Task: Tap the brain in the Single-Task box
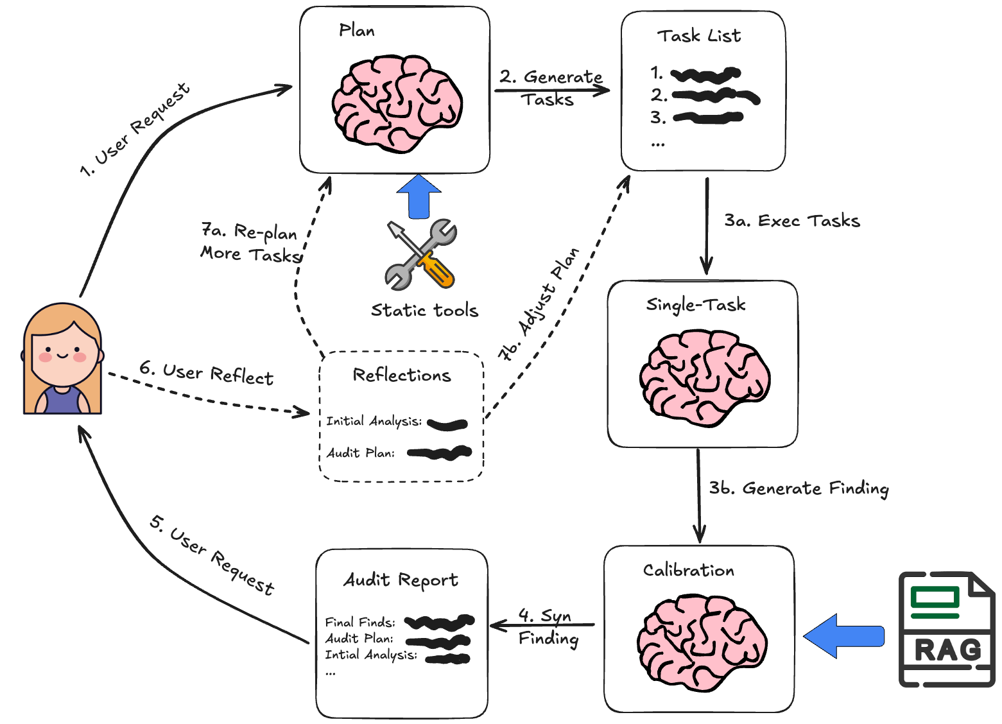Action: (705, 377)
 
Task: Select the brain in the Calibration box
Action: (702, 642)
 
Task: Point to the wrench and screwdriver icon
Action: (420, 255)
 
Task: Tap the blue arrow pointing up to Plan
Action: (419, 196)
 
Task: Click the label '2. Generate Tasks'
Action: (551, 88)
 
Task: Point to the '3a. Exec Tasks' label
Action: (791, 221)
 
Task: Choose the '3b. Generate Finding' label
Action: (799, 488)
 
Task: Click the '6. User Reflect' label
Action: (206, 373)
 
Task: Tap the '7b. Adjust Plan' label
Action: (539, 304)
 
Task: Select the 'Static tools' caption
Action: (424, 311)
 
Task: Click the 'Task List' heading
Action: (698, 36)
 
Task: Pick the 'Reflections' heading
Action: (402, 375)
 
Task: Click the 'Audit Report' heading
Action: (401, 580)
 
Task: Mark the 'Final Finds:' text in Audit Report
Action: (360, 622)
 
